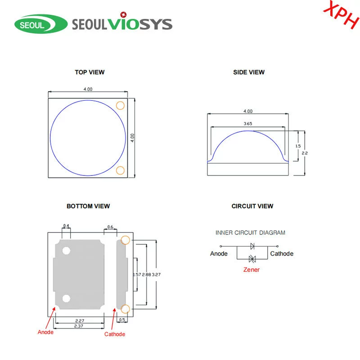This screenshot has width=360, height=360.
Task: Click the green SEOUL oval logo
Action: point(41,24)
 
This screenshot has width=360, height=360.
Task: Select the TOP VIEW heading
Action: point(90,72)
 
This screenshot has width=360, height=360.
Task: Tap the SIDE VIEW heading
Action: point(249,72)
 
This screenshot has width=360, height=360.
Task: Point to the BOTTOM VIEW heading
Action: point(88,206)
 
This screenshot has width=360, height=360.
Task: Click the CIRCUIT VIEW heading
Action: point(252,206)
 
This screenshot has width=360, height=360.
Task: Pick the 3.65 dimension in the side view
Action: point(248,123)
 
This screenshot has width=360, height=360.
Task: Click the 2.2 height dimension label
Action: point(305,153)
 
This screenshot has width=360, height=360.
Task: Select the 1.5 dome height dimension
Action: point(298,146)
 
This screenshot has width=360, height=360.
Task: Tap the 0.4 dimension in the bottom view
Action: point(66,226)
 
